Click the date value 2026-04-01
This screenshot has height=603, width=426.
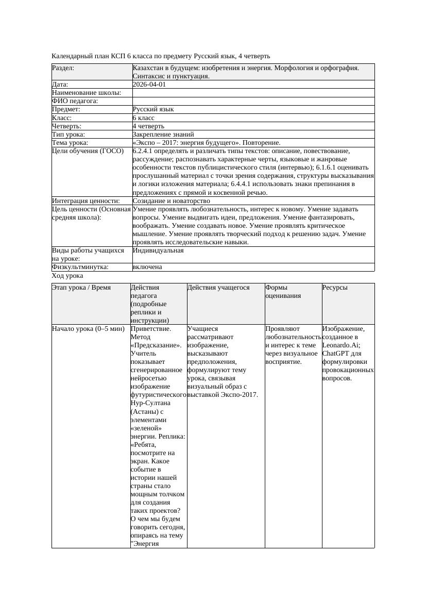click(149, 85)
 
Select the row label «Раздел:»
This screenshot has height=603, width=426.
click(63, 68)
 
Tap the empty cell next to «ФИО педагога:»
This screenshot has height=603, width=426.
click(253, 101)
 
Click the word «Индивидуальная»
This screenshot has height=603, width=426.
click(158, 250)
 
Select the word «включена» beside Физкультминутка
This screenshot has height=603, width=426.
click(147, 267)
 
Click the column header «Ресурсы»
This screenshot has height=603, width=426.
click(335, 288)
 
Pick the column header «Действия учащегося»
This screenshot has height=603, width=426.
click(218, 288)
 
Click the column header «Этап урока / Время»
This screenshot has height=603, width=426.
click(81, 288)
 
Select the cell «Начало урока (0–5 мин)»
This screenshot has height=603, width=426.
click(88, 328)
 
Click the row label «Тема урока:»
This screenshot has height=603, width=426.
click(70, 142)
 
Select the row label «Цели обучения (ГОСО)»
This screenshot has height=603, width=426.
click(88, 151)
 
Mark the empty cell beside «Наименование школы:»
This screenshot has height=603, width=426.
click(253, 93)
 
